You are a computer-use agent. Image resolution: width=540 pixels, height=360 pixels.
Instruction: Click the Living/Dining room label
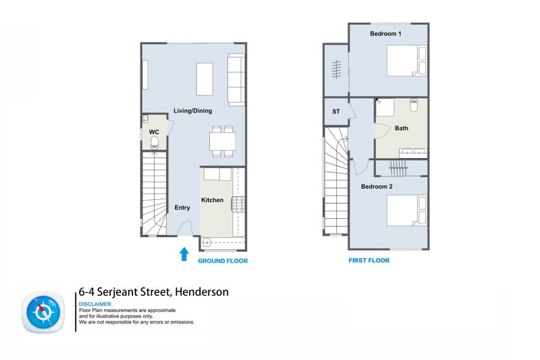click(x=192, y=111)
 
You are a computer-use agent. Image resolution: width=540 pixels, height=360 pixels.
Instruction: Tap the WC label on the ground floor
click(x=154, y=132)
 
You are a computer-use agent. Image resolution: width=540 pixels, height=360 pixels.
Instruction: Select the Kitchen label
click(x=212, y=200)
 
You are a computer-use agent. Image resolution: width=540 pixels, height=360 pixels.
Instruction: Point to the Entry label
click(x=182, y=207)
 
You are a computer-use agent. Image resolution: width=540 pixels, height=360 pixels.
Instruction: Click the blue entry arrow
click(x=184, y=254)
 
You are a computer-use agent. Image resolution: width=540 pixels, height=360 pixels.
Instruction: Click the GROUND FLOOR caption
click(x=223, y=261)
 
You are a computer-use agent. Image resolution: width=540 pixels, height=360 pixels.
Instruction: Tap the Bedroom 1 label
click(x=385, y=33)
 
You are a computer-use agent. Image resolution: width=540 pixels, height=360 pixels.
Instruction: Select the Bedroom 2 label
click(x=377, y=186)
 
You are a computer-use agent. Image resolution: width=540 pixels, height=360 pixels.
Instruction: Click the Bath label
click(x=402, y=128)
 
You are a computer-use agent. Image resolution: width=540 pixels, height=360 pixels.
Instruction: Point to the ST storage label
click(x=335, y=112)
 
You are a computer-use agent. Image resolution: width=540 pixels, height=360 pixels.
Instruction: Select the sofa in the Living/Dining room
click(x=236, y=80)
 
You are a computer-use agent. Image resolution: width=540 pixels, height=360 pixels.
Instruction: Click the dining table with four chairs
click(x=223, y=141)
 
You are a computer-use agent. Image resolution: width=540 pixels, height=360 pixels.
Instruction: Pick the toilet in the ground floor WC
click(x=155, y=142)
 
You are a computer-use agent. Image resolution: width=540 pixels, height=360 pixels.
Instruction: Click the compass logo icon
click(x=45, y=312)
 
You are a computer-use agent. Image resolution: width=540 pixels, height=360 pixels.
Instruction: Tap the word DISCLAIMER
click(x=95, y=305)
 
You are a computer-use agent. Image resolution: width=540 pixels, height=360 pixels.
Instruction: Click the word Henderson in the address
click(x=202, y=292)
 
